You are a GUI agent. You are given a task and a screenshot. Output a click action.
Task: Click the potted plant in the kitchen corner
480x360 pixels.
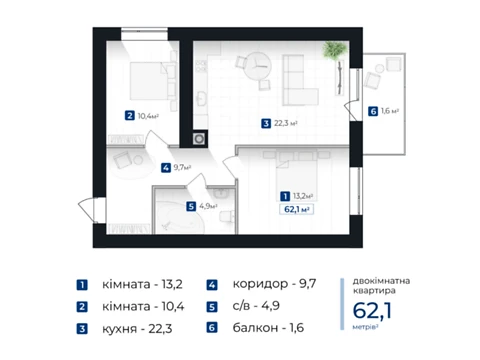[x=335, y=52]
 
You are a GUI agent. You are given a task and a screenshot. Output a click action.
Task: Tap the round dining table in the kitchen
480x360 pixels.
[x=257, y=66]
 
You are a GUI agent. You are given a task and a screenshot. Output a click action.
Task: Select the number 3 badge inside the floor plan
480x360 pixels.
[x=266, y=124]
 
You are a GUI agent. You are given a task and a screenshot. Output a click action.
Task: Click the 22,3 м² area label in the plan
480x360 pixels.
[x=286, y=123]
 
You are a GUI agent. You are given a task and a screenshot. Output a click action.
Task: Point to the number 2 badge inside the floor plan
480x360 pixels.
[x=129, y=116]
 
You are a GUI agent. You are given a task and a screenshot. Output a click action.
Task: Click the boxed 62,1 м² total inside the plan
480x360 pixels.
[x=296, y=209]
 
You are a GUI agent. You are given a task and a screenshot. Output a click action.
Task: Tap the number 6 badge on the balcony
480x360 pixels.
[x=373, y=111]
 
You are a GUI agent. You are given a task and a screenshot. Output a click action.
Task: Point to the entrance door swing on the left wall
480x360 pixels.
[x=87, y=210]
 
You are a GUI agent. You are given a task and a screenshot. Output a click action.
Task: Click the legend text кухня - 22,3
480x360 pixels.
[x=137, y=329]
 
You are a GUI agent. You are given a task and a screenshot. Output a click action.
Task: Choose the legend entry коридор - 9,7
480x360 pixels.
[x=274, y=284]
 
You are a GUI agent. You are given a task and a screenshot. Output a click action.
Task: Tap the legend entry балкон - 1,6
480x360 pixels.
[x=268, y=328]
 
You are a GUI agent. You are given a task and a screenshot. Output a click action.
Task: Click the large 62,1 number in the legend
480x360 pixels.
[x=372, y=310]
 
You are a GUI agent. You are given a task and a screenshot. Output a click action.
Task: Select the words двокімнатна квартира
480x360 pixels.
[x=381, y=286]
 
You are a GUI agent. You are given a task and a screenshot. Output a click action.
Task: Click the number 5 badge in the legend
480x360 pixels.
[x=212, y=307]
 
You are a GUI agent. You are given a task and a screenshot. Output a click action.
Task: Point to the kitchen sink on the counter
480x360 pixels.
[x=201, y=99]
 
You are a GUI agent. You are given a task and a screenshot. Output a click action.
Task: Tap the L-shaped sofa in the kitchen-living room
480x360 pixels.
[x=299, y=80]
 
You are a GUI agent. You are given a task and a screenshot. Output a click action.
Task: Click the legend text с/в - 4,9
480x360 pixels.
[x=256, y=306]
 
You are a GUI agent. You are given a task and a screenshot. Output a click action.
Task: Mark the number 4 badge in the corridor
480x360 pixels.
[x=166, y=167]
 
